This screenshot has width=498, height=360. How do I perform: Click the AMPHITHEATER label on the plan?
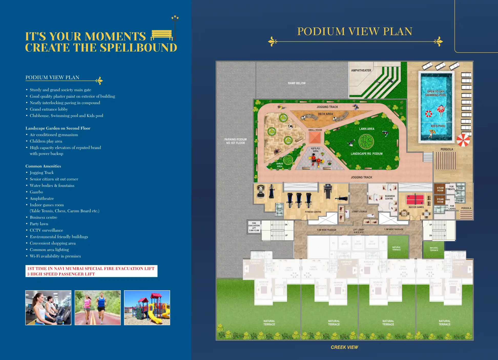tap(361, 71)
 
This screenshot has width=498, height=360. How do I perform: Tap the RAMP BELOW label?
tap(297, 83)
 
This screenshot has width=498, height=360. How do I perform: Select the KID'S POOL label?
tap(438, 126)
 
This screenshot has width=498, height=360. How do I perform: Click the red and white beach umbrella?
tap(463, 140)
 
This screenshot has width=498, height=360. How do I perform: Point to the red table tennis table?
tap(415, 199)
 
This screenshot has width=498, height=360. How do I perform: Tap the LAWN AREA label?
tap(367, 129)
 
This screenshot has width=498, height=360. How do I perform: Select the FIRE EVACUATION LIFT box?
tap(254, 227)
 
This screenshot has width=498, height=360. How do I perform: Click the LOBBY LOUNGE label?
tap(359, 212)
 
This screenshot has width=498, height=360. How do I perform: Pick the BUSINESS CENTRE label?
tap(390, 197)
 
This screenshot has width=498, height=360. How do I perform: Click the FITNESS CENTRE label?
tap(313, 212)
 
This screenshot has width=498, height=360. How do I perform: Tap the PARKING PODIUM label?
tap(235, 141)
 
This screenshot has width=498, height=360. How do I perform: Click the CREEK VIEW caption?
tap(344, 347)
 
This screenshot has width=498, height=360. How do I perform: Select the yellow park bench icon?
tap(162, 35)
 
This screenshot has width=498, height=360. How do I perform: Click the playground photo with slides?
tap(147, 308)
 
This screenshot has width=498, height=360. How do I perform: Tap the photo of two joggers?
tap(98, 308)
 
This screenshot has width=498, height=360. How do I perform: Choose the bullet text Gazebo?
tap(36, 192)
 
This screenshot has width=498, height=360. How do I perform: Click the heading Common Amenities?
tap(43, 166)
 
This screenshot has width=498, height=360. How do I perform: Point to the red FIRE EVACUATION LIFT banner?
tap(91, 271)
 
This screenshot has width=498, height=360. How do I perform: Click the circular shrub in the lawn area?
tap(366, 141)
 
